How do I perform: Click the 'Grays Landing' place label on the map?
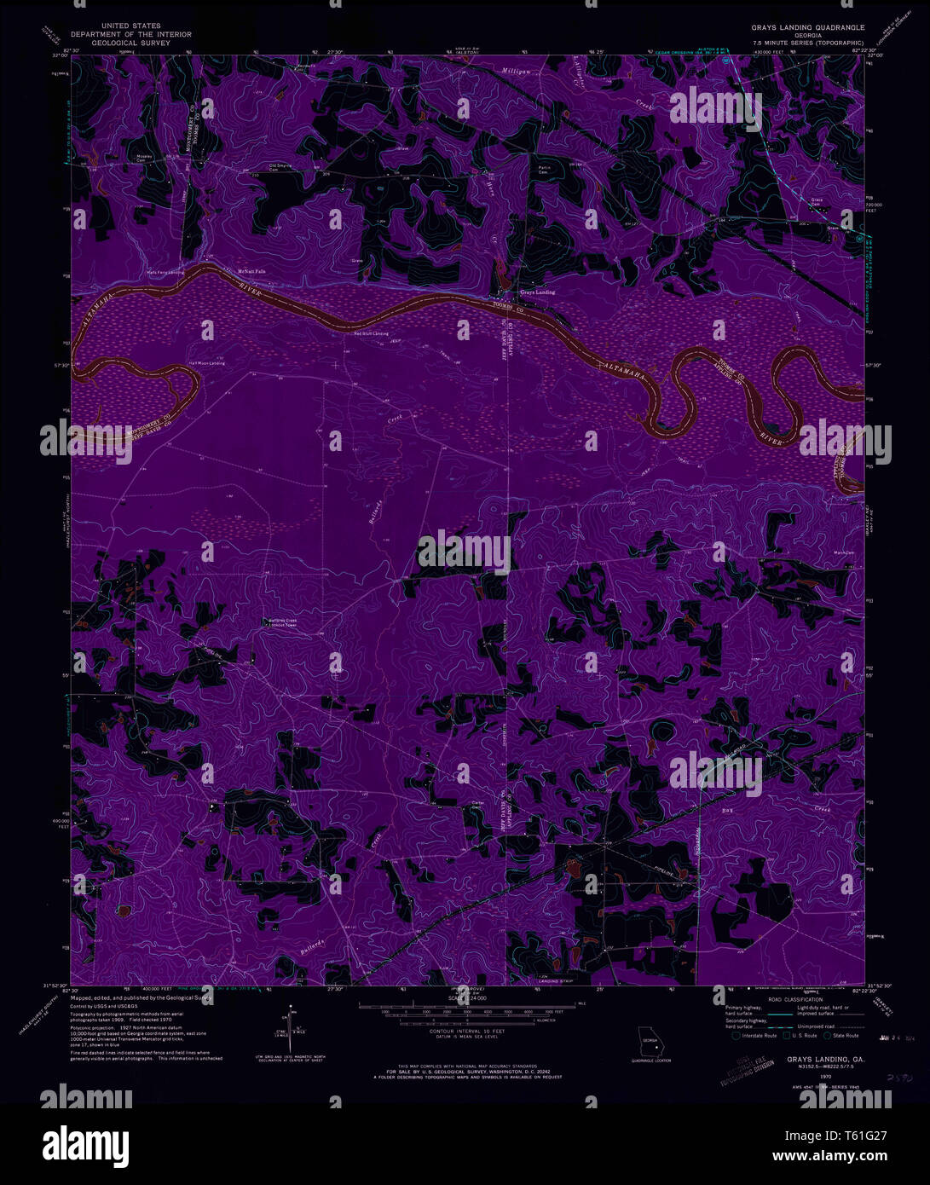[537, 292]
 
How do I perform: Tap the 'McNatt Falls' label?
[251, 271]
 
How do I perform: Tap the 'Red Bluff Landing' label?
[372, 333]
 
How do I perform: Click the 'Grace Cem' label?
[817, 202]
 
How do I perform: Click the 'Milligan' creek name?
[516, 71]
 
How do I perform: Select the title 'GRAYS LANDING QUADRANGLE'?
[807, 28]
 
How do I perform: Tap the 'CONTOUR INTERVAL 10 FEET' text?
[464, 1031]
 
